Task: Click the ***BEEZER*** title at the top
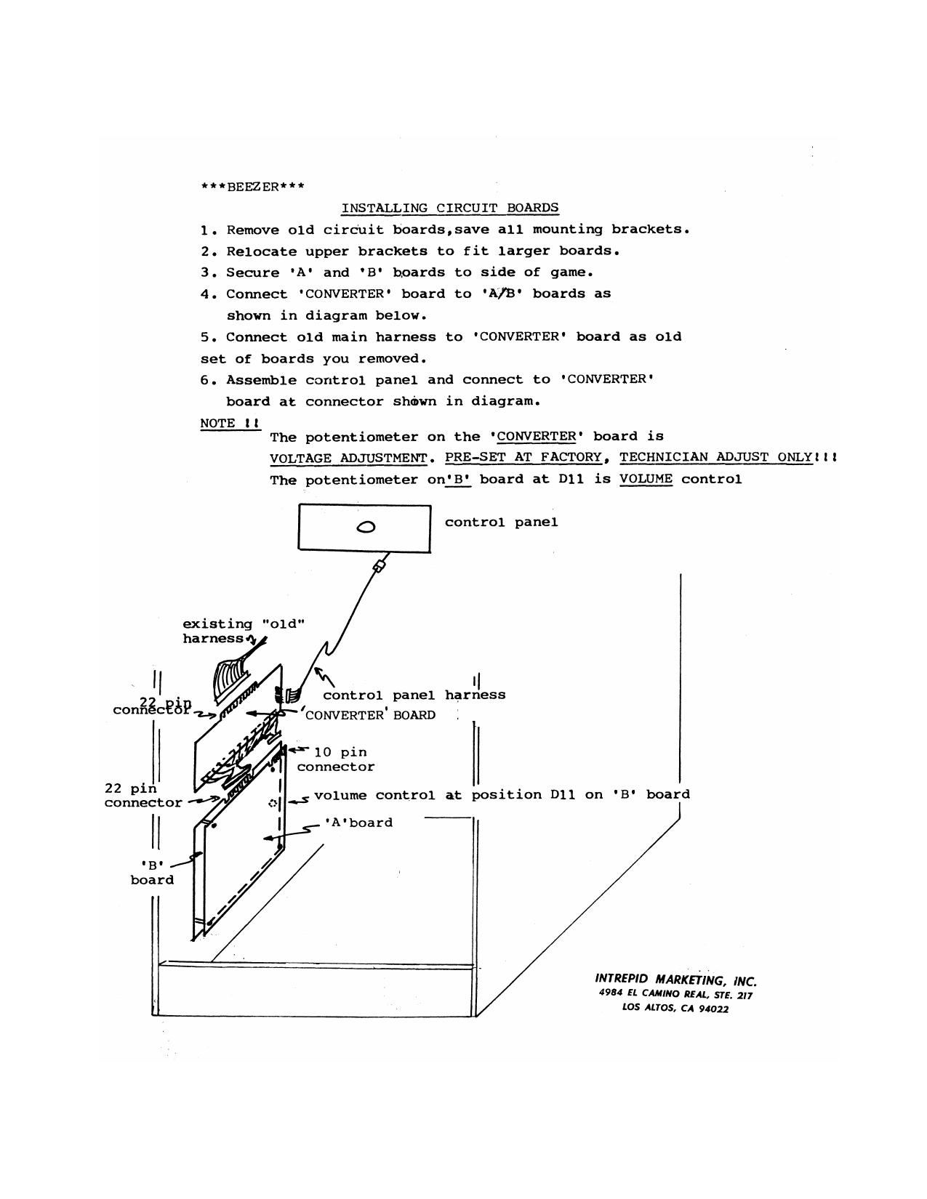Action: click(252, 187)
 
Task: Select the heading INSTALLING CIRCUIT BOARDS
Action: click(450, 208)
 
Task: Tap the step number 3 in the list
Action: click(205, 272)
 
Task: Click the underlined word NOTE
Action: click(218, 423)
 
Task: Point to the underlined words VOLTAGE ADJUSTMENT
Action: click(348, 458)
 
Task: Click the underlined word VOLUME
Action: click(646, 479)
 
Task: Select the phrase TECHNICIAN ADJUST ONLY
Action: click(715, 457)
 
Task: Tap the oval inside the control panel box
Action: click(366, 527)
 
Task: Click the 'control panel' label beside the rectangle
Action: click(501, 522)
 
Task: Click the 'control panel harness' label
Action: click(414, 695)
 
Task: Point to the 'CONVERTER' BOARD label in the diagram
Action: click(370, 715)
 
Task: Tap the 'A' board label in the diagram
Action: click(358, 823)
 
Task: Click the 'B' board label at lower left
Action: click(152, 873)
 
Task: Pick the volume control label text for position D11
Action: click(502, 794)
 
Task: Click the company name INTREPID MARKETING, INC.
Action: click(675, 979)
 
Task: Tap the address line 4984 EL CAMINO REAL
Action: click(675, 993)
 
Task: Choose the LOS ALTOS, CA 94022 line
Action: click(675, 1008)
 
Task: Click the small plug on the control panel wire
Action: click(379, 565)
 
